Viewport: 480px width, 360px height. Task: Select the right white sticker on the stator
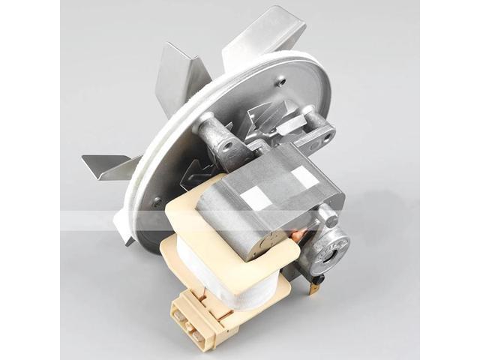(x=304, y=177)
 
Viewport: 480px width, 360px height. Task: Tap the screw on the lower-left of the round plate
(x=157, y=201)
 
